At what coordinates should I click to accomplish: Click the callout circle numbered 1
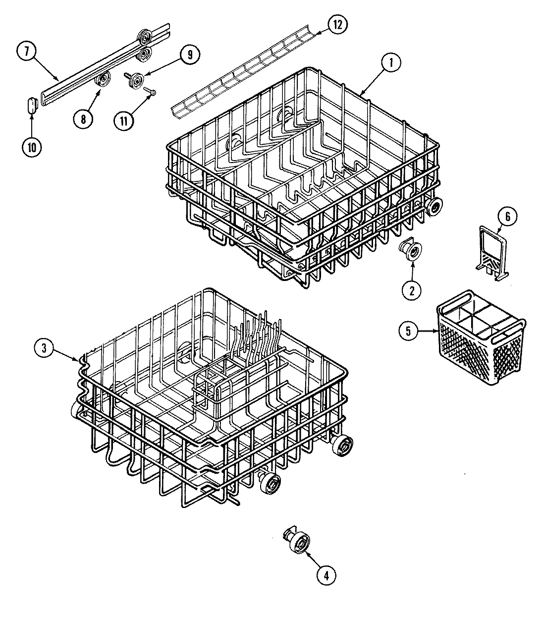391,63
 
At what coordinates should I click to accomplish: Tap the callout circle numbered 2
411,290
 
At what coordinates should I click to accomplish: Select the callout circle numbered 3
44,348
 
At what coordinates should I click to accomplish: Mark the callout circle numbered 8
83,118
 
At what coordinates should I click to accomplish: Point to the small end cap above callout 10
31,106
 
